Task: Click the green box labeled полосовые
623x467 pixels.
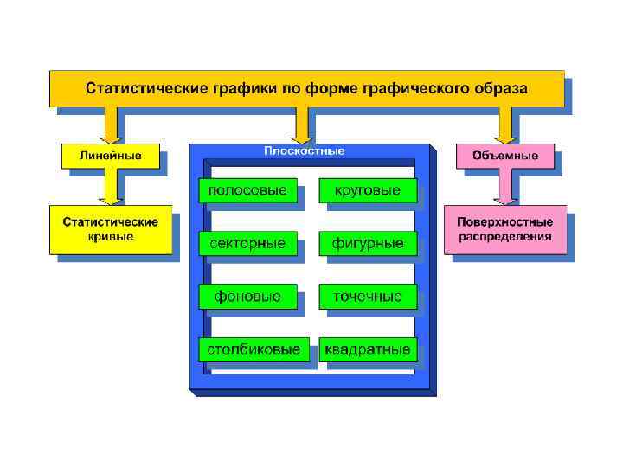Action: (247, 190)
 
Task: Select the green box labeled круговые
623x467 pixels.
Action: (367, 190)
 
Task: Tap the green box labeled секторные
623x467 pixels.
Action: (247, 243)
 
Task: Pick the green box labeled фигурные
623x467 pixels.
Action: (367, 243)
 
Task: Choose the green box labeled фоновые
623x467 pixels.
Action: (247, 296)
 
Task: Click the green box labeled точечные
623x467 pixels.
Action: (367, 296)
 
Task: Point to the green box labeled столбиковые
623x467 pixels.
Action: (253, 349)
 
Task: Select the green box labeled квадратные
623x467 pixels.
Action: (367, 349)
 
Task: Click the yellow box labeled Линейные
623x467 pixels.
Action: (110, 157)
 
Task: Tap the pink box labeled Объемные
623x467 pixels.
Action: (505, 156)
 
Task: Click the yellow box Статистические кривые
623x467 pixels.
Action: (110, 229)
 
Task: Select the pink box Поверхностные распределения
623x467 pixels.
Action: (505, 229)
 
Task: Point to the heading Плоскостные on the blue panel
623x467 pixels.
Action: (304, 150)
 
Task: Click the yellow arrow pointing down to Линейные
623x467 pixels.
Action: (110, 125)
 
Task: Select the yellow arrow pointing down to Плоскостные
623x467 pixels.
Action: (301, 125)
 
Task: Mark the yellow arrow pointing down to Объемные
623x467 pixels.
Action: (505, 125)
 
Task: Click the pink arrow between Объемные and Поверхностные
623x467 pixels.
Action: (505, 186)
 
